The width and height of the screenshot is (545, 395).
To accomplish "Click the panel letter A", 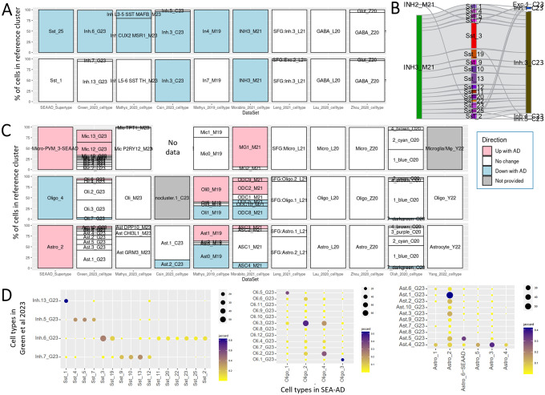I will (6, 6).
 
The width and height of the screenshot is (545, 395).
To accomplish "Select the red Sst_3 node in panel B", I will (474, 37).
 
